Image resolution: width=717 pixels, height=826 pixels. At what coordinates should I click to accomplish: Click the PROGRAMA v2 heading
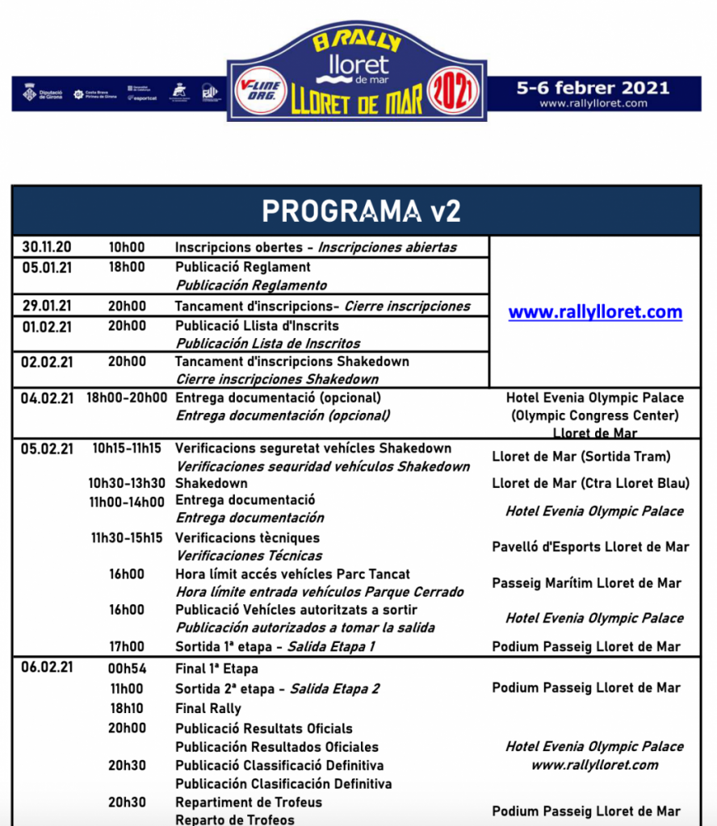(x=361, y=211)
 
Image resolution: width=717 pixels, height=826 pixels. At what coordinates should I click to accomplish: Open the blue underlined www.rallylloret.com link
(x=595, y=312)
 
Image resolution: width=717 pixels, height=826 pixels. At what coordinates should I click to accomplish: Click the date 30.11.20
(x=47, y=248)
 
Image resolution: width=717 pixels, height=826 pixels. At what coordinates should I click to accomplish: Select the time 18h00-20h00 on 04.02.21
(x=127, y=398)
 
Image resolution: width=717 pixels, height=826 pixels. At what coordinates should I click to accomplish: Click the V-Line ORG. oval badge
(x=260, y=90)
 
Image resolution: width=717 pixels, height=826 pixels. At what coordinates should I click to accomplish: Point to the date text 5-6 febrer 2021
(x=593, y=87)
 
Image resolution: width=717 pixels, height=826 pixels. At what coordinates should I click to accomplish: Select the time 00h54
(x=127, y=669)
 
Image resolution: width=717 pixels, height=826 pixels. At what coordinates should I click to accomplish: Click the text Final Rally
(x=208, y=708)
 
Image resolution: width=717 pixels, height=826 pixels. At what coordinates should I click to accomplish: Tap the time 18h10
(x=127, y=708)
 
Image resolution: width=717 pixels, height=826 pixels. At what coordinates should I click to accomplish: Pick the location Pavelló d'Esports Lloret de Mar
(x=590, y=547)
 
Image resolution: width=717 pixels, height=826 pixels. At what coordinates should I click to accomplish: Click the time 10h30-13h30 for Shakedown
(x=127, y=483)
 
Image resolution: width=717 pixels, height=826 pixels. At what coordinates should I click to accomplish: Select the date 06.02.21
(x=47, y=667)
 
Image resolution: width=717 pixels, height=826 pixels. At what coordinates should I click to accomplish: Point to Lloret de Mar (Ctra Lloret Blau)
(x=590, y=483)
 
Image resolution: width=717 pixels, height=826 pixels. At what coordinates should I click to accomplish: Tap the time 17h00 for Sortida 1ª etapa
(x=127, y=646)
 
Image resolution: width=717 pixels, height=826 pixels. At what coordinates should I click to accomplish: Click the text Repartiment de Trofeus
(x=249, y=802)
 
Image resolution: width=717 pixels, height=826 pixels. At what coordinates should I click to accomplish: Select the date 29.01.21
(x=47, y=307)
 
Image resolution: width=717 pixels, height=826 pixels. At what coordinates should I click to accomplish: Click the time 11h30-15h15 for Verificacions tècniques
(x=127, y=538)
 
